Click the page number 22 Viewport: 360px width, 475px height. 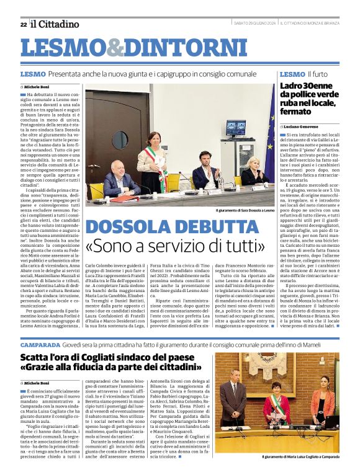23,24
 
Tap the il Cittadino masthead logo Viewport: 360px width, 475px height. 55,24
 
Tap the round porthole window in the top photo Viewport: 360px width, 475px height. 120,140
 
